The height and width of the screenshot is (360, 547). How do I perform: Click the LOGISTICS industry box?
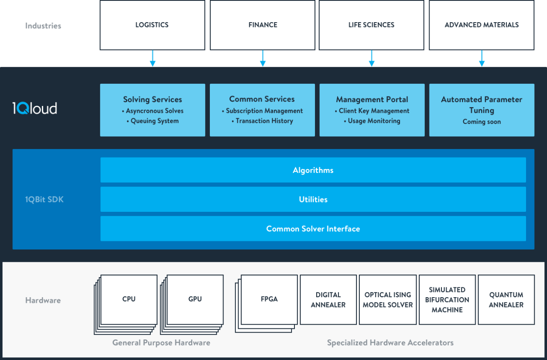pyautogui.click(x=152, y=25)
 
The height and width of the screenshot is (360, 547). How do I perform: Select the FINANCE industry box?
pyautogui.click(x=262, y=25)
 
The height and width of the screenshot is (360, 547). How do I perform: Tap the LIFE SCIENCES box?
pyautogui.click(x=371, y=25)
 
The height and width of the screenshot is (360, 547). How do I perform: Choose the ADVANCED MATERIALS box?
pyautogui.click(x=482, y=25)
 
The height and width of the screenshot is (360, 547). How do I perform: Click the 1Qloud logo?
pyautogui.click(x=35, y=108)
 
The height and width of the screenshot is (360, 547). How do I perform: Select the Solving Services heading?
pyautogui.click(x=153, y=100)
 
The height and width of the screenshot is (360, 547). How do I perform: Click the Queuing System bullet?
pyautogui.click(x=153, y=121)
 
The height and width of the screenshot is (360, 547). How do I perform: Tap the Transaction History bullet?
pyautogui.click(x=262, y=121)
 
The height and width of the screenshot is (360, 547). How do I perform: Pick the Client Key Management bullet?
pyautogui.click(x=372, y=111)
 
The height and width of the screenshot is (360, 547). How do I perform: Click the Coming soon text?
pyautogui.click(x=482, y=122)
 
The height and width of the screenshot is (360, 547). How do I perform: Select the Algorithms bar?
pyautogui.click(x=313, y=170)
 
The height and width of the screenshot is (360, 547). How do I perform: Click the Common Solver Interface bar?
pyautogui.click(x=313, y=229)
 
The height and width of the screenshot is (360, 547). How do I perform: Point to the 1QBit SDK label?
pyautogui.click(x=44, y=199)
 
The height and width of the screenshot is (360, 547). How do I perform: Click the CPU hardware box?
pyautogui.click(x=129, y=299)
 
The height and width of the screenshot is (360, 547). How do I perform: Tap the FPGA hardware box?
pyautogui.click(x=269, y=299)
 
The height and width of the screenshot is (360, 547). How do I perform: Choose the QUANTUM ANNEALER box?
pyautogui.click(x=506, y=300)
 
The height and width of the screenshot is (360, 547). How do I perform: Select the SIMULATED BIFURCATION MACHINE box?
pyautogui.click(x=447, y=300)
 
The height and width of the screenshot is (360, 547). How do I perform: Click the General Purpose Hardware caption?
pyautogui.click(x=161, y=342)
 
